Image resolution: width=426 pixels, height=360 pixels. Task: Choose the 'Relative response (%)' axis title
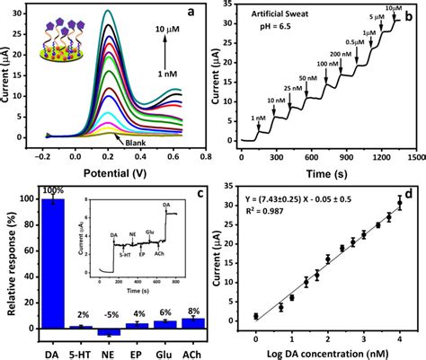11,260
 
